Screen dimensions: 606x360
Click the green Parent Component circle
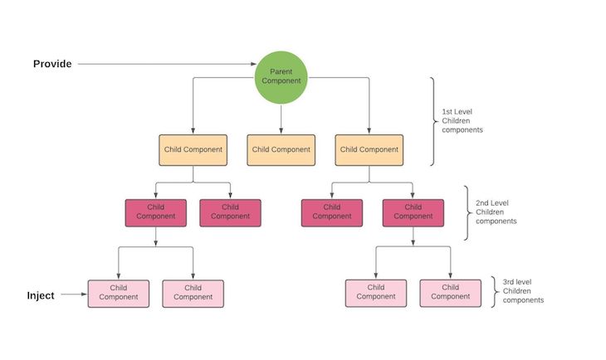click(281, 77)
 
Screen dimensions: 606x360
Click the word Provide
click(52, 64)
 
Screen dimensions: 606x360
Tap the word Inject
click(41, 295)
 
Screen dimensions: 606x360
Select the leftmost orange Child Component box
click(193, 150)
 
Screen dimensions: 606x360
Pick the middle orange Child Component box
click(281, 150)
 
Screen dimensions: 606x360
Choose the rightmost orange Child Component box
click(369, 150)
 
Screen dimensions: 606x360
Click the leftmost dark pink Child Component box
click(156, 213)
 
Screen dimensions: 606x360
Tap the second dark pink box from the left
click(230, 213)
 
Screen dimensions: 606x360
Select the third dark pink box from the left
click(332, 213)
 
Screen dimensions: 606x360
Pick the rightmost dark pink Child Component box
click(413, 213)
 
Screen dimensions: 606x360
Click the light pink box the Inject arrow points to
click(118, 294)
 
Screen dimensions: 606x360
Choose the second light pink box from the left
click(193, 294)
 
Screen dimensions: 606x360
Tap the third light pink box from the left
click(376, 293)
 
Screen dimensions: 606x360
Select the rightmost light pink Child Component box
click(450, 293)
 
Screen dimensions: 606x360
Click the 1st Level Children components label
click(462, 121)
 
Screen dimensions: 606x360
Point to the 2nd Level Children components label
click(496, 212)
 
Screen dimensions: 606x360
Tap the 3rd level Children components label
click(523, 291)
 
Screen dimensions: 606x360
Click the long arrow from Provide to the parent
click(167, 64)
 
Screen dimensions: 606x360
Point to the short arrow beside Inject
click(74, 294)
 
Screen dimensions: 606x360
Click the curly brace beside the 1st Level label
click(433, 121)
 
